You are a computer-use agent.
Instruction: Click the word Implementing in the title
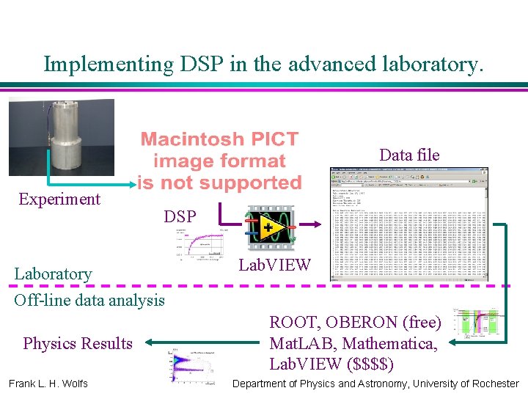point(106,64)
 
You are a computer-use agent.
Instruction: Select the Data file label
point(409,155)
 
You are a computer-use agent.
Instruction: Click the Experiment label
point(59,199)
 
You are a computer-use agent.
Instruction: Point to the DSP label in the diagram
point(180,217)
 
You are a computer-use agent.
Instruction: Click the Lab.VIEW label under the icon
point(275,265)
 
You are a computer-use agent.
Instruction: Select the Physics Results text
point(78,343)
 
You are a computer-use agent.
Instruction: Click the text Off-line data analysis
point(89,299)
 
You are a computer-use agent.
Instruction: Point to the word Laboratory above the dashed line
point(54,274)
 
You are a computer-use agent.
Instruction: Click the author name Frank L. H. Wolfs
point(48,384)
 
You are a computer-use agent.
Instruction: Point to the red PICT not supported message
point(220,161)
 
